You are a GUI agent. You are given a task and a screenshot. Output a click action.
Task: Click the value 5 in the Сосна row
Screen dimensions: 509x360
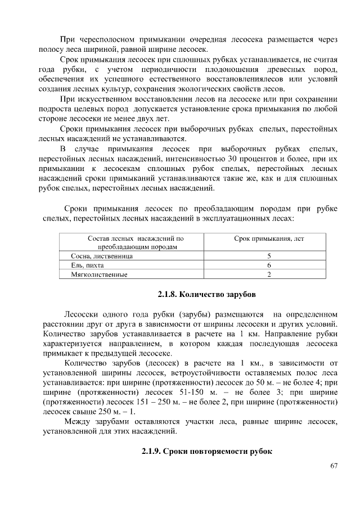(x=269, y=256)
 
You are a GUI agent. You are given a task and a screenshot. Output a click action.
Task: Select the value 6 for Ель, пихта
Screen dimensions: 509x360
(x=269, y=265)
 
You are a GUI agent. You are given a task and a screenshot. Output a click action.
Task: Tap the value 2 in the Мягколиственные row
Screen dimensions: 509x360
(x=269, y=274)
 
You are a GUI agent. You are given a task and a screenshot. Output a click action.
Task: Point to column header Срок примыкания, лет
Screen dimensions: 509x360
(x=269, y=239)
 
